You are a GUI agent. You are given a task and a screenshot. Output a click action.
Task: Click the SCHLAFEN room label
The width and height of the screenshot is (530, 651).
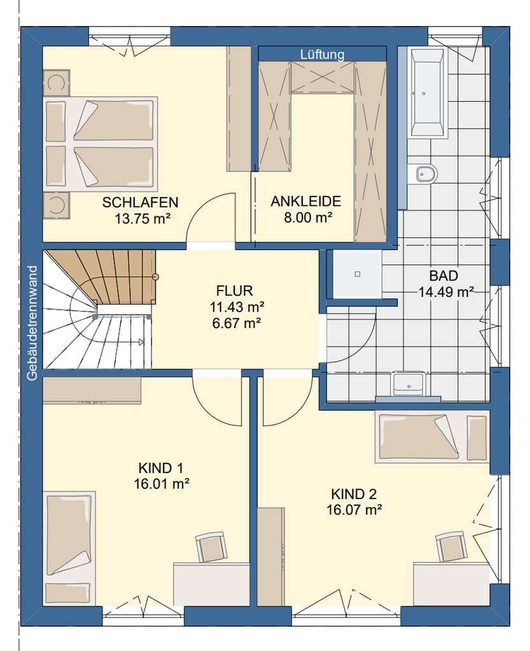pos(140,202)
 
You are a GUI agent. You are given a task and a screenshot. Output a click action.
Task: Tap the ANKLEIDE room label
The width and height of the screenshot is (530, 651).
pos(306,201)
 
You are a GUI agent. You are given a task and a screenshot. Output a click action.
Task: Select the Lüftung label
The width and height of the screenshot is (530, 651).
pos(323,55)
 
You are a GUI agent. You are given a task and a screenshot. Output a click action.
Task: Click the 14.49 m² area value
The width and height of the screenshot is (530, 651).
pos(445,292)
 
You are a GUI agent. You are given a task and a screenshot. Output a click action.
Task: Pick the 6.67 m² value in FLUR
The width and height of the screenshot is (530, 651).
pos(236,322)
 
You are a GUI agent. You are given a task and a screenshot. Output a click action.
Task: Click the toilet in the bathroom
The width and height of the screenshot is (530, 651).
pos(423,174)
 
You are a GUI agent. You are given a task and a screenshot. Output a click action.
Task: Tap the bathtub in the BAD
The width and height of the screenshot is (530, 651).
pos(428,93)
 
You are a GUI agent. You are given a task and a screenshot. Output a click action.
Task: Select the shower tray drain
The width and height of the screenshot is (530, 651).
pos(357,275)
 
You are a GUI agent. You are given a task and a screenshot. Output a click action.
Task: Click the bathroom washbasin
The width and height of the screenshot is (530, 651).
pos(408,383)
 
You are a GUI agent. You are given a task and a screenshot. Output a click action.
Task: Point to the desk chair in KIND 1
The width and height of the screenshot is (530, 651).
pos(211,546)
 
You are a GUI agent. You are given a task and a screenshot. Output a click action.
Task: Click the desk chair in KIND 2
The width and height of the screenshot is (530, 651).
pos(452,546)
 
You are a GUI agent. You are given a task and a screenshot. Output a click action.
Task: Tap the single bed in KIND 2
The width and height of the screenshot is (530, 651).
pos(432,436)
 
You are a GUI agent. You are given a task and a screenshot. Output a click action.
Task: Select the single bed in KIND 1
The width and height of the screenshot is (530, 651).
pos(69,547)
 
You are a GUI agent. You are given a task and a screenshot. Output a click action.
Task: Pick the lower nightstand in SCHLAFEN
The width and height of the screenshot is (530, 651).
pos(56,205)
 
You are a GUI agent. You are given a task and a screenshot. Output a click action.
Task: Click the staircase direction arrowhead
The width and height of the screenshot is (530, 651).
pos(141,341)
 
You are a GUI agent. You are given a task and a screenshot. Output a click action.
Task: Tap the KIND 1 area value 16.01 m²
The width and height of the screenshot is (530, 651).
pos(162,484)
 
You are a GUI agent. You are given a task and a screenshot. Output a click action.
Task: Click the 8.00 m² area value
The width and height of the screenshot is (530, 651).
pos(308,217)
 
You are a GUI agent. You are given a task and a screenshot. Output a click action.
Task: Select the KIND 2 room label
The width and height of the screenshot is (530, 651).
pos(354,494)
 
